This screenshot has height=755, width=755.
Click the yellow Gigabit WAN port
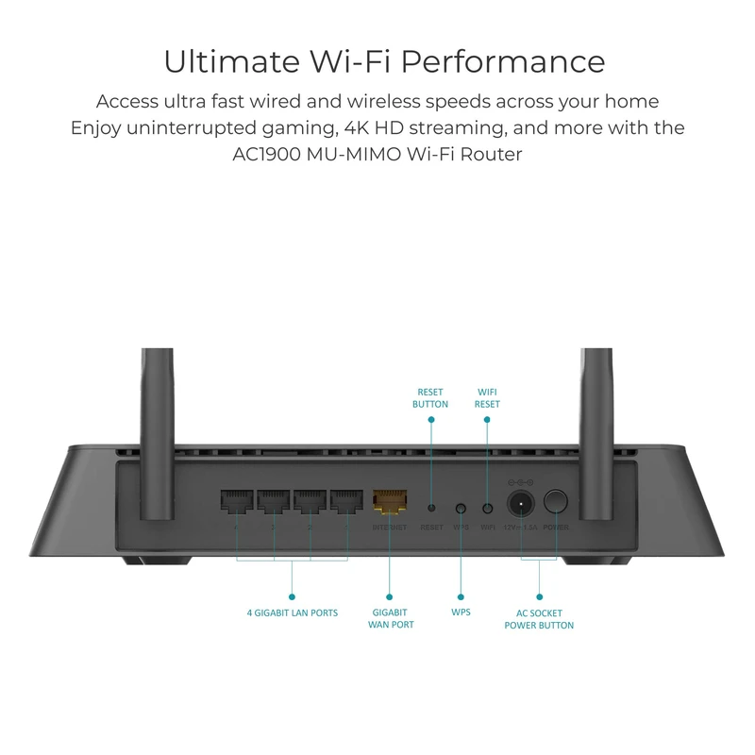[x=389, y=503]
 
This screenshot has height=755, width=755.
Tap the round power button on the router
[x=557, y=502]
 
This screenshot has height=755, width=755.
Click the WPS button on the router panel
[x=461, y=508]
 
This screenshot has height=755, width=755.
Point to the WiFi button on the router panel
[x=487, y=508]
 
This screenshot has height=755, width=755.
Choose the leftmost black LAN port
[x=235, y=503]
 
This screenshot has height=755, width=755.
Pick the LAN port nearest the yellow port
[x=346, y=503]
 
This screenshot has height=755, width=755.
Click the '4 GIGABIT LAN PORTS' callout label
[x=293, y=612]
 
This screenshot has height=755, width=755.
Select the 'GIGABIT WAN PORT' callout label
[x=391, y=618]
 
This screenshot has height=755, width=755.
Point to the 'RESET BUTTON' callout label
[x=430, y=397]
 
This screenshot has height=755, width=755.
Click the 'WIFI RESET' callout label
[x=487, y=397]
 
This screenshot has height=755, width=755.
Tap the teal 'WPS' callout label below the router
[x=461, y=612]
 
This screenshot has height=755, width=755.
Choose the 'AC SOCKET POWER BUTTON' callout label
[x=539, y=618]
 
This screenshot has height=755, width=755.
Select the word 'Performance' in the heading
[x=502, y=61]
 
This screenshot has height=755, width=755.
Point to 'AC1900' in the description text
[x=264, y=154]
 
